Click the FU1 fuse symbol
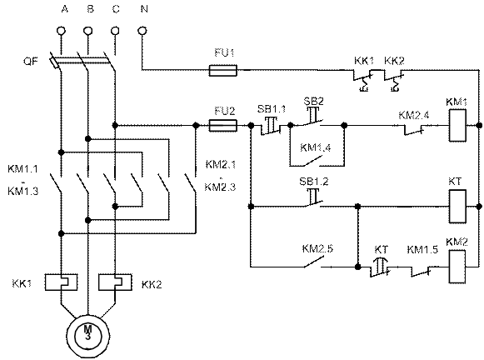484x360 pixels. (x=223, y=70)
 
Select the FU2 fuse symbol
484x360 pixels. (x=223, y=126)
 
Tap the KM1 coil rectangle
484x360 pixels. (x=457, y=126)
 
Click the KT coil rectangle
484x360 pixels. (x=457, y=206)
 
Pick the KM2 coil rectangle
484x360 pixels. (x=457, y=267)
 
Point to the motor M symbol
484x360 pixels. (x=88, y=336)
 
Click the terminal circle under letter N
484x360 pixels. (x=142, y=31)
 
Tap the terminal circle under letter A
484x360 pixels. (x=61, y=31)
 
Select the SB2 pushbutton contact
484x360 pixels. (x=312, y=117)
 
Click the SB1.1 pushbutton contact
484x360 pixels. (x=271, y=126)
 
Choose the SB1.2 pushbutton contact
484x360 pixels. (x=313, y=197)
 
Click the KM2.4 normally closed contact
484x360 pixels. (x=414, y=130)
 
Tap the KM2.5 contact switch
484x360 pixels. (x=312, y=262)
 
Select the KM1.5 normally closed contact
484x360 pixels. (x=421, y=271)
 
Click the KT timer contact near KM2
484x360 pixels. (x=380, y=267)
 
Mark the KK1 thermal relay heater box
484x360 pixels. (x=61, y=282)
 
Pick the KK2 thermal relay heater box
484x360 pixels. (x=115, y=282)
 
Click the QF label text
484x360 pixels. (x=31, y=61)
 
